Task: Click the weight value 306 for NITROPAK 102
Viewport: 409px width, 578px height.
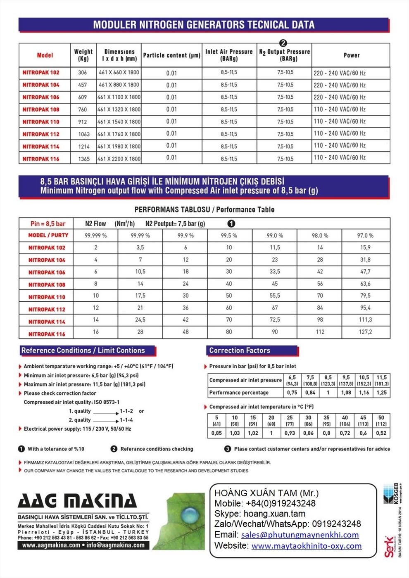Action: click(83, 73)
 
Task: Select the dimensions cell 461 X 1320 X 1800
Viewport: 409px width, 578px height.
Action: click(119, 109)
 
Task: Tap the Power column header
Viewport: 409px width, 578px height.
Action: click(351, 55)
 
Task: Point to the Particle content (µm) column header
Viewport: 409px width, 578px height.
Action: click(171, 55)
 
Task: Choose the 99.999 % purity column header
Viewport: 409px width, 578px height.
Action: click(95, 235)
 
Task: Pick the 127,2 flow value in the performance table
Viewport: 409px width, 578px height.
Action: click(365, 332)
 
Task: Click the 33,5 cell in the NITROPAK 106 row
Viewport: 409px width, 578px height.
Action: click(275, 272)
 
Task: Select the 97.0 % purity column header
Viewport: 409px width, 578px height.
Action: click(365, 235)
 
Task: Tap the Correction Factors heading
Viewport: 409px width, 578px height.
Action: click(240, 351)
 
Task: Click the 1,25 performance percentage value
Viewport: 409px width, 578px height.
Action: click(381, 393)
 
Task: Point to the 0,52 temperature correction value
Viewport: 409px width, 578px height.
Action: click(381, 433)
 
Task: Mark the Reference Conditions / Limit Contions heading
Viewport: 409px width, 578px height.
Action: click(83, 351)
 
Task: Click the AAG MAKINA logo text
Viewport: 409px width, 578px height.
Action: click(77, 501)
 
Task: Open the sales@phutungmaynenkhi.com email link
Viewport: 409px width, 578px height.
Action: click(300, 535)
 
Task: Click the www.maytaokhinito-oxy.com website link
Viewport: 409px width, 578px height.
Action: click(307, 546)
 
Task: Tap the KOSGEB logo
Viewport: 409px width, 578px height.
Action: click(391, 493)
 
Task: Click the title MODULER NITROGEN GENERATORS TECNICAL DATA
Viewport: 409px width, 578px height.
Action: click(204, 25)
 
